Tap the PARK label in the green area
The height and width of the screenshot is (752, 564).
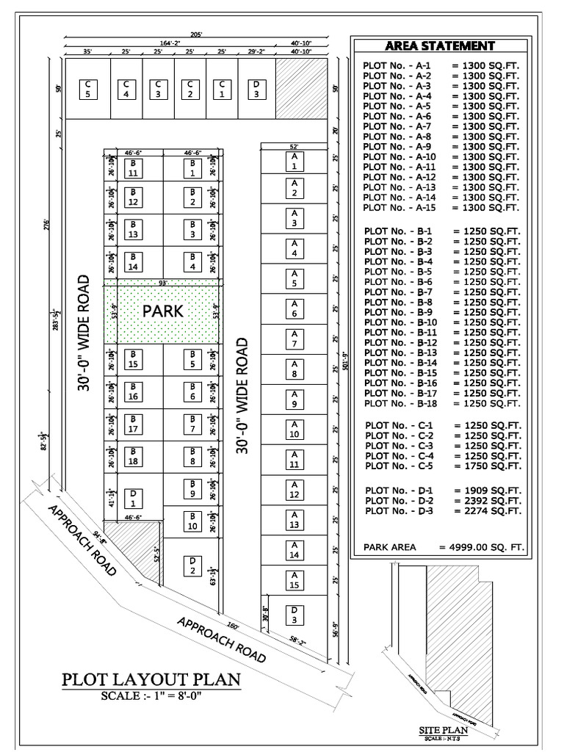(163, 311)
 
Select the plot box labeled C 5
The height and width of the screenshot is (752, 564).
(87, 90)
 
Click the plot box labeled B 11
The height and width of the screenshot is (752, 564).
(133, 168)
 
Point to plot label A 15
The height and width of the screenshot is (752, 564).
(294, 580)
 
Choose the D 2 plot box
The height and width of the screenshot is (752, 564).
(192, 566)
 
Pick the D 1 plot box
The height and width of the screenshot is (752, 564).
(133, 499)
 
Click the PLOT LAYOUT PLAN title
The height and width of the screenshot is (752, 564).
(151, 679)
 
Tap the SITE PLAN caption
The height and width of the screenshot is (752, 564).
(438, 730)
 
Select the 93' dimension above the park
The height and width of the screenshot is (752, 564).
(163, 283)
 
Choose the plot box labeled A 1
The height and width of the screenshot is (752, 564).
(294, 162)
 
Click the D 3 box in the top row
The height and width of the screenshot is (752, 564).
(256, 90)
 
